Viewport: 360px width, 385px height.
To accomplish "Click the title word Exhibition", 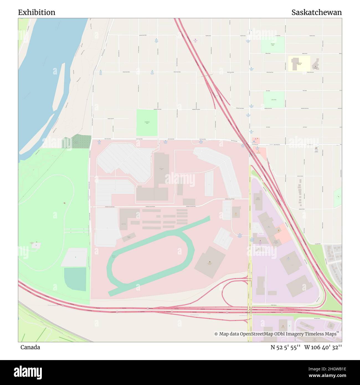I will coord(37,12).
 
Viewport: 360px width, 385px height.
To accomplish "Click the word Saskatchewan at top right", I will coord(316,12).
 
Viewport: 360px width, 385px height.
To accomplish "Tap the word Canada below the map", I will coord(30,347).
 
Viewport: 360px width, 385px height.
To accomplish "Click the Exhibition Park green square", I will coord(147,122).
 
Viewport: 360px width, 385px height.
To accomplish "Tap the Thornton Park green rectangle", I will coord(272,44).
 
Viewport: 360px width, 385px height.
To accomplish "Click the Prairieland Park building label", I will coord(161,169).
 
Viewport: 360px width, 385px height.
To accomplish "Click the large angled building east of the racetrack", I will coord(210,262).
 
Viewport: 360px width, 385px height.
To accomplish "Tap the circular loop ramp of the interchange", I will coord(234,294).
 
